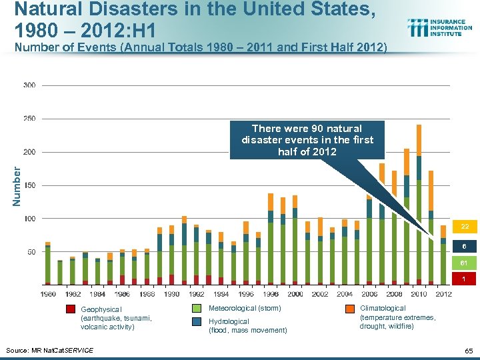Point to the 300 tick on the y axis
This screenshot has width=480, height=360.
pyautogui.click(x=29, y=85)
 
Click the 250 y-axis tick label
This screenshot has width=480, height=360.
pyautogui.click(x=29, y=119)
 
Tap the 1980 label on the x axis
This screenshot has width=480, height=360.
pyautogui.click(x=48, y=293)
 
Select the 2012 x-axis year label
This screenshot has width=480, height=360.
pyautogui.click(x=443, y=293)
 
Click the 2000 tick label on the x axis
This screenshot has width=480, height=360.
pyautogui.click(x=295, y=293)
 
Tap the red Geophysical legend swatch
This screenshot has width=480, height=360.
pyautogui.click(x=70, y=309)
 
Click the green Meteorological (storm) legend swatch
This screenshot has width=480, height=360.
pyautogui.click(x=197, y=309)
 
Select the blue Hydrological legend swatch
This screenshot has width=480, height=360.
pyautogui.click(x=197, y=321)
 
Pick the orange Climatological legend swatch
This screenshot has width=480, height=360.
pyautogui.click(x=349, y=309)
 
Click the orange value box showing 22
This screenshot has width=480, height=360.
pyautogui.click(x=464, y=227)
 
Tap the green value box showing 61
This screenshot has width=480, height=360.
pyautogui.click(x=464, y=263)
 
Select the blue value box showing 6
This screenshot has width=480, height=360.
pyautogui.click(x=464, y=245)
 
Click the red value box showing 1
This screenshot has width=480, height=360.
pyautogui.click(x=464, y=279)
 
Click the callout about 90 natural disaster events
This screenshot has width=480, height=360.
pyautogui.click(x=307, y=139)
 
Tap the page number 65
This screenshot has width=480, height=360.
pyautogui.click(x=467, y=350)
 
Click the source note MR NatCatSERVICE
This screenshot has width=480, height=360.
pyautogui.click(x=49, y=350)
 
